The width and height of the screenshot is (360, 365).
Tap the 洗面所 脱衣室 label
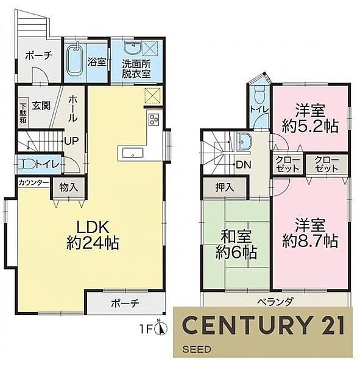point(136,69)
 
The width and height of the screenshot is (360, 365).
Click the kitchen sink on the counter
point(133,154)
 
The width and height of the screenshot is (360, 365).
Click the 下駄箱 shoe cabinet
point(23,113)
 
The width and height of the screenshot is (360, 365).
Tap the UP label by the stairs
point(71,141)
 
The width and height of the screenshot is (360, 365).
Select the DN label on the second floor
point(244,165)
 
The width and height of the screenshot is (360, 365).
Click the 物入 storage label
point(68,187)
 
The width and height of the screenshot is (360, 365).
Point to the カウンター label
point(33,182)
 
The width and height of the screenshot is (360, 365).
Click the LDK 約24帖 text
point(93,235)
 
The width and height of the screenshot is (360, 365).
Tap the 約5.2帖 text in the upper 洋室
point(310,127)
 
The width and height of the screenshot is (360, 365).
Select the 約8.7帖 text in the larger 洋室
point(310,242)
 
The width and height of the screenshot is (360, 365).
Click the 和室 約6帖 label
point(236,245)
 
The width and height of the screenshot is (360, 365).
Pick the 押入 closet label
point(225,187)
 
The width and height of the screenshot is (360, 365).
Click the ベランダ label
point(275,302)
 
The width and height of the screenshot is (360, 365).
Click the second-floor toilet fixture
point(259,96)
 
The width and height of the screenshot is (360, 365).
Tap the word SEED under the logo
point(197,349)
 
